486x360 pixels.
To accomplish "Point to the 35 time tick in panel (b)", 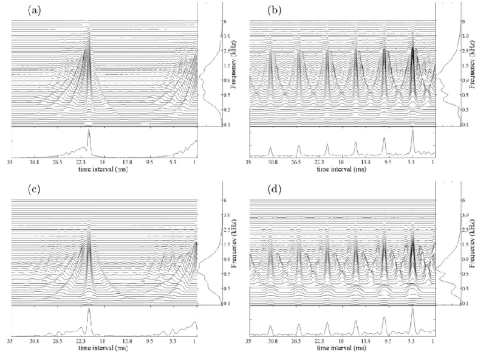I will (x=248, y=164).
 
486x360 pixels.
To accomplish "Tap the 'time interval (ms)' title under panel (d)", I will (x=340, y=348).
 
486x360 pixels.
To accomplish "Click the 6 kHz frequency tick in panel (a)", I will (x=207, y=21).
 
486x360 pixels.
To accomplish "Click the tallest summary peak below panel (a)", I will (x=89, y=131).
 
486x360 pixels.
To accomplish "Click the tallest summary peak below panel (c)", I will (x=89, y=310).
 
